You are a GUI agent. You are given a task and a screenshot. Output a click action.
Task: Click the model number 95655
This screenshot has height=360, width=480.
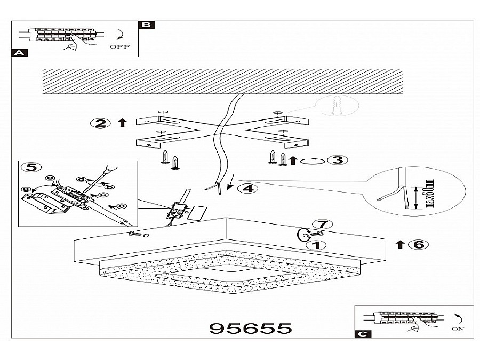[251, 328]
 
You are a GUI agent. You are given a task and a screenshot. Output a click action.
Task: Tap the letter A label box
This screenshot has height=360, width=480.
[19, 53]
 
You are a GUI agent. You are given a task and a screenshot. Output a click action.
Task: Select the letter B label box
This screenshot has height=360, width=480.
[147, 25]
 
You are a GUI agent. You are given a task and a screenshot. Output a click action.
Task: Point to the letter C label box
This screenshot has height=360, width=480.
[363, 334]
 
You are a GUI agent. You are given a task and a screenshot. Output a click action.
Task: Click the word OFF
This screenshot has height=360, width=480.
[119, 47]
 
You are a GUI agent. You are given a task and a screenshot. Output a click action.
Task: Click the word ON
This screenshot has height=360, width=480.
[458, 329]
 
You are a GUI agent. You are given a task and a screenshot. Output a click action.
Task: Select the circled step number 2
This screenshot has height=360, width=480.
[100, 123]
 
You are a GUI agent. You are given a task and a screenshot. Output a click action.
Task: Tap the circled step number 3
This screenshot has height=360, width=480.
[338, 160]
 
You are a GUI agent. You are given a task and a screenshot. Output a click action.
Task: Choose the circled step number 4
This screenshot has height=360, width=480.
[247, 188]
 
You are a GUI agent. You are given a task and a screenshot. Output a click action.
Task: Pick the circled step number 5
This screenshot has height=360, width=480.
[31, 167]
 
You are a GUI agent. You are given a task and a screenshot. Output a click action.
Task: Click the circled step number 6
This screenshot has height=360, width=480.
[419, 245]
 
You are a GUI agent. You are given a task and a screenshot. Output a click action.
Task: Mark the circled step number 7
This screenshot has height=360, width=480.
[323, 225]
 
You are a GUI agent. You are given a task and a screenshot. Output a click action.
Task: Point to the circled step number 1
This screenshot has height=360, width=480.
[316, 245]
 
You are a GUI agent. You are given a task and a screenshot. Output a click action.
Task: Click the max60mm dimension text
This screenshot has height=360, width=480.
[430, 193]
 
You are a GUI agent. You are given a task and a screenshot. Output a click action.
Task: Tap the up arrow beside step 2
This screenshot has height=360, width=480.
[123, 123]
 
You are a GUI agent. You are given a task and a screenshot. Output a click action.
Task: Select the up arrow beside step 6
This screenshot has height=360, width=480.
[400, 245]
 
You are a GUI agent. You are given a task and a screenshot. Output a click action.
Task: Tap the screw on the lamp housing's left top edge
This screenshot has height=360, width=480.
[135, 234]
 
